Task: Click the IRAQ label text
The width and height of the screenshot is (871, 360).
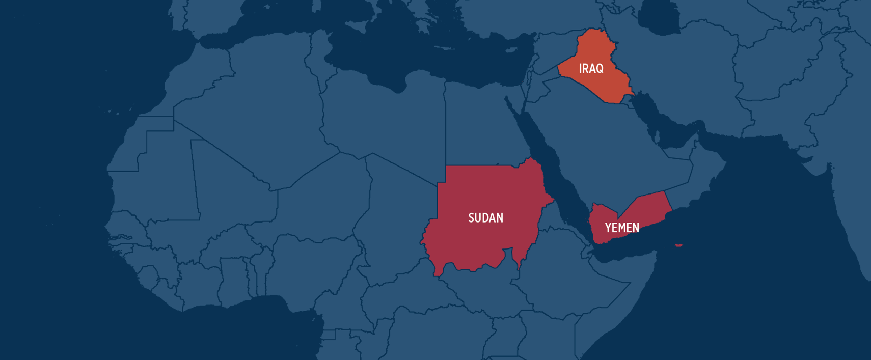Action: [x=591, y=69]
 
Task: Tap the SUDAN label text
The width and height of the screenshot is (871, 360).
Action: [x=485, y=218]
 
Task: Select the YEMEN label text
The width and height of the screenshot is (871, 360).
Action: [x=622, y=228]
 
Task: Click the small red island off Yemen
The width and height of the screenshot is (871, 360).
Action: [x=678, y=245]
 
